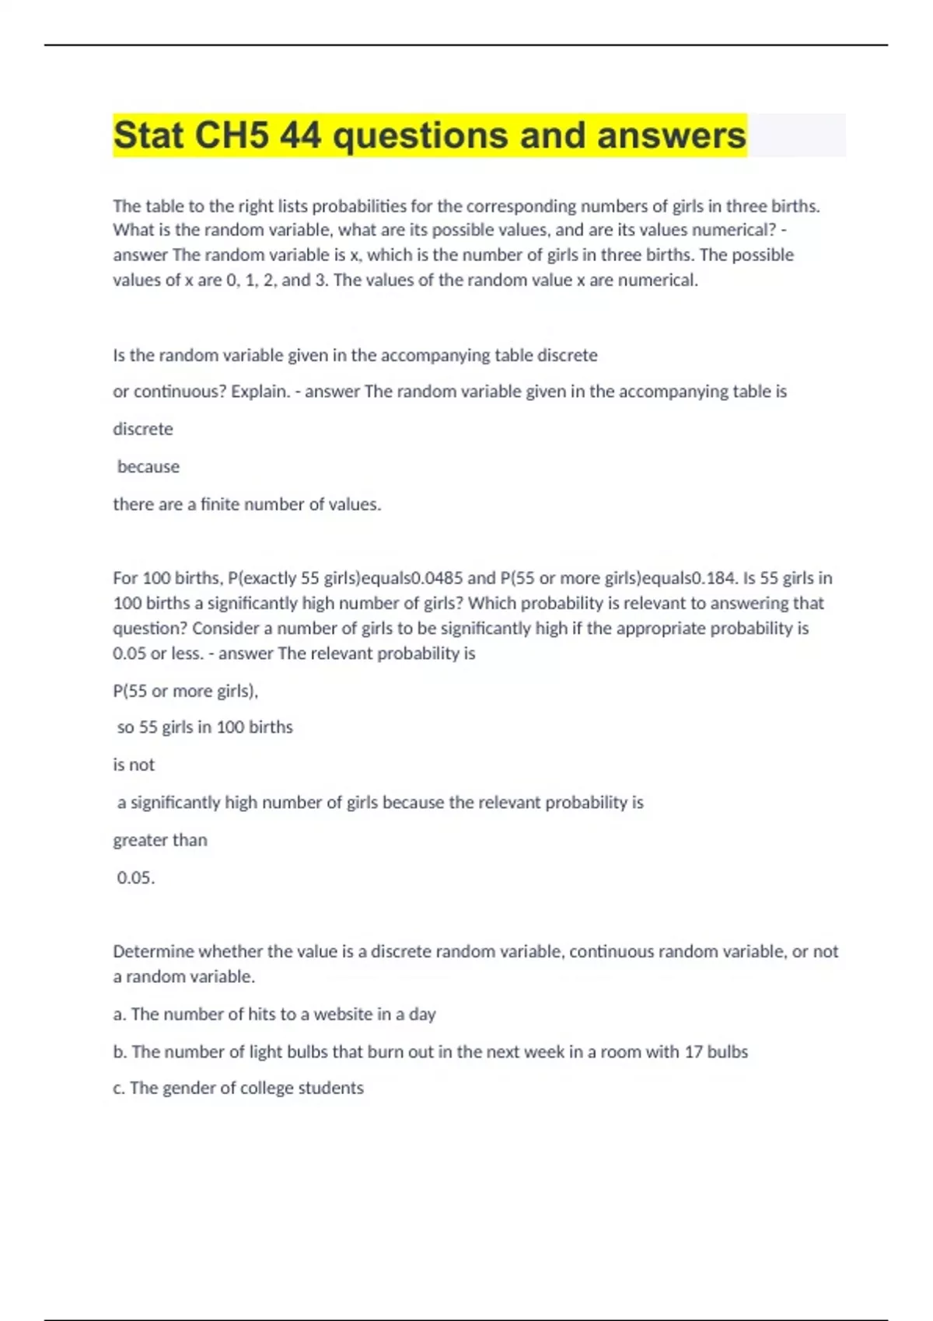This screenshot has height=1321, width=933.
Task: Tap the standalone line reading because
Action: [148, 467]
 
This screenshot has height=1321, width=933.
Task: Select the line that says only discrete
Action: [143, 429]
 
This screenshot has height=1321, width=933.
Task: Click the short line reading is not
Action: [134, 765]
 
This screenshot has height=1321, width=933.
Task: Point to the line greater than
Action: [160, 841]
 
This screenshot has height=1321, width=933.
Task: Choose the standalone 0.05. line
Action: [136, 878]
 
